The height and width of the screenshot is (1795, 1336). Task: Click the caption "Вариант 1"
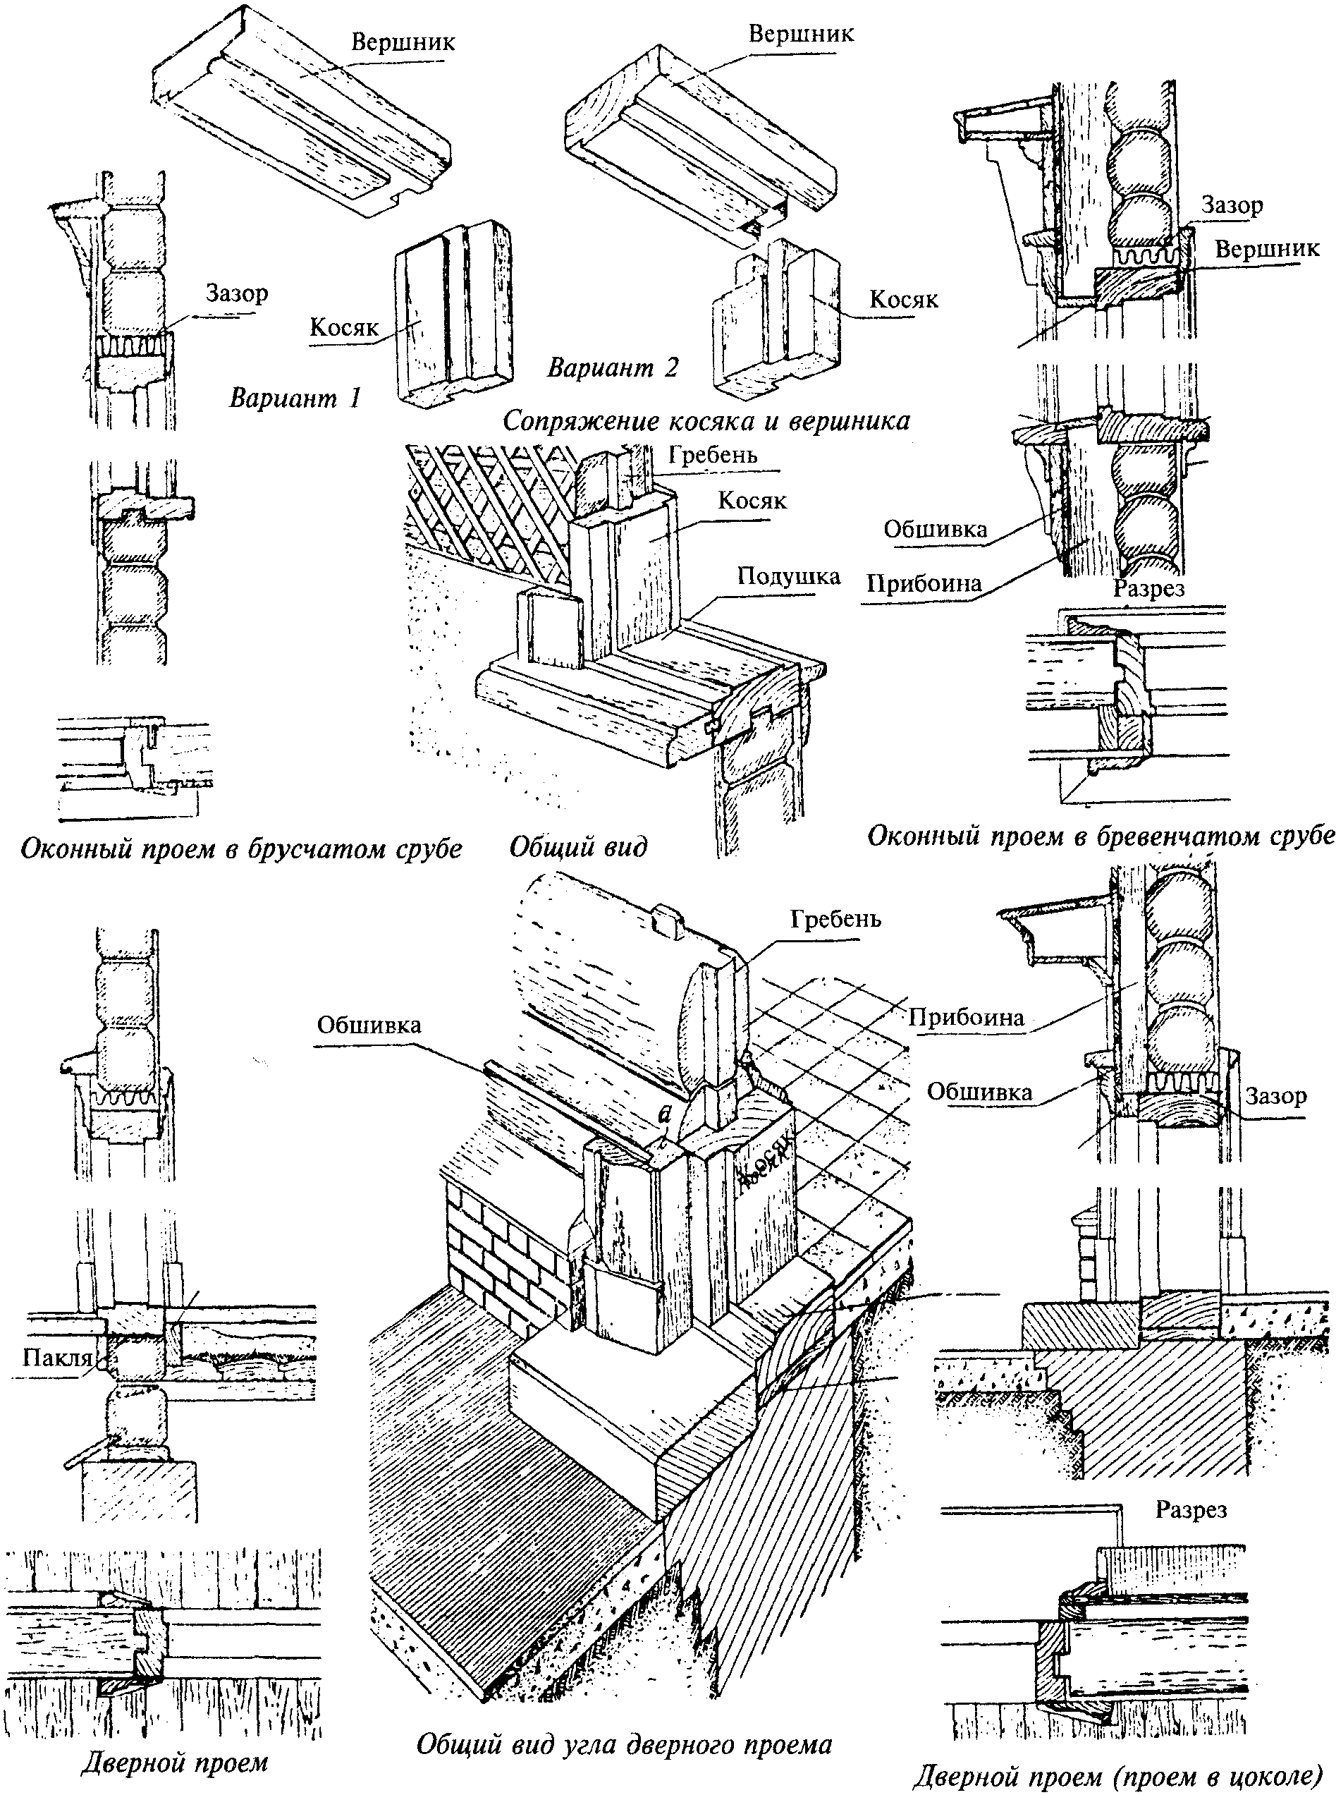pyautogui.click(x=295, y=398)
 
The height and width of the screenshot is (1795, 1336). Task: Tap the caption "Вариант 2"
pyautogui.click(x=613, y=368)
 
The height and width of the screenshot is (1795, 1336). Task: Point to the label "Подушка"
pyautogui.click(x=788, y=577)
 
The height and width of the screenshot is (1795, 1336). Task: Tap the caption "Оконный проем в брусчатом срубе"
pyautogui.click(x=241, y=849)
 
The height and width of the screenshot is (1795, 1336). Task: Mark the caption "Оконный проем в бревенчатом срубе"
pyautogui.click(x=1101, y=836)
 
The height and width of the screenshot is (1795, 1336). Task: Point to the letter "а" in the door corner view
pyautogui.click(x=666, y=1114)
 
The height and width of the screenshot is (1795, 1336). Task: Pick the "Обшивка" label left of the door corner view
pyautogui.click(x=369, y=1026)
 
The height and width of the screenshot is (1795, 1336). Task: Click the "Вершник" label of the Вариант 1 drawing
pyautogui.click(x=403, y=43)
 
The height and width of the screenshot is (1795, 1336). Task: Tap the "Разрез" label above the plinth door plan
pyautogui.click(x=1191, y=1509)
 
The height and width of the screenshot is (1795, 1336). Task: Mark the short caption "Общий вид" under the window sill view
pyautogui.click(x=578, y=847)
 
